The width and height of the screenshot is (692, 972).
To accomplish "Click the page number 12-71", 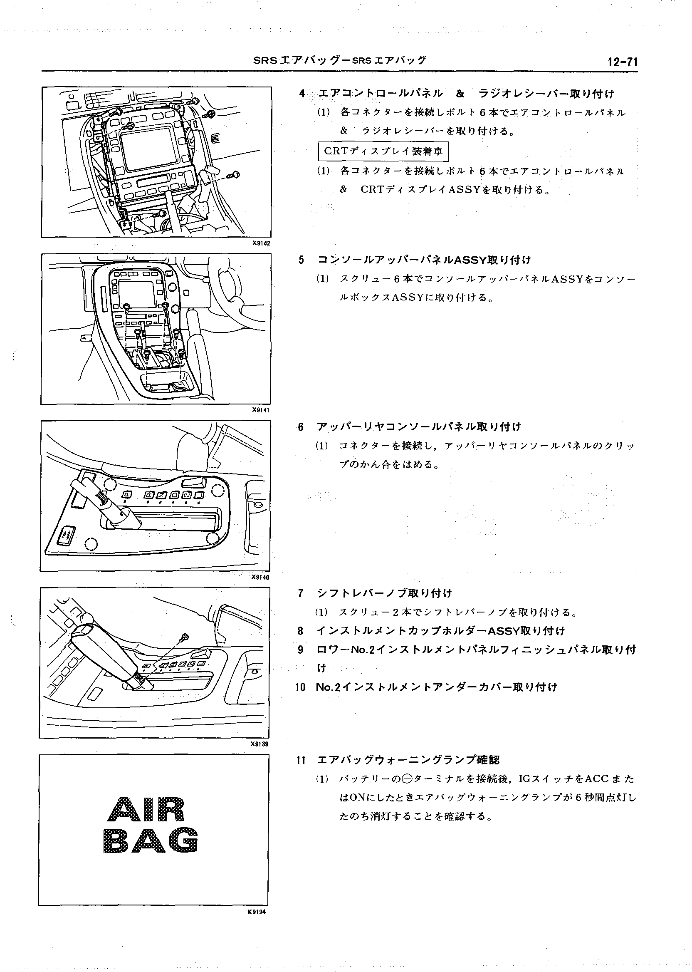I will point(623,62).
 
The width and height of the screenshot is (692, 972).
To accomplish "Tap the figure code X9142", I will point(261,243).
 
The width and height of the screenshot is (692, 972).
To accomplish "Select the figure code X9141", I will point(261,410).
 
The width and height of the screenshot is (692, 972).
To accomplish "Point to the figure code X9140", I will point(261,577).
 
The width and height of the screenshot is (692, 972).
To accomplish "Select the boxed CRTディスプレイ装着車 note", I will point(383,151).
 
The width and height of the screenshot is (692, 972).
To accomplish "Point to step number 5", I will point(302,260).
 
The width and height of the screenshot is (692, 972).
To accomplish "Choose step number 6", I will point(301,427).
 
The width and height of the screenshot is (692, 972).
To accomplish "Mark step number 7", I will point(301,593).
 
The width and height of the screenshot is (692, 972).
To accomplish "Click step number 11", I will point(301,760).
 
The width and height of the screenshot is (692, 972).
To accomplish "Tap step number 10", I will point(301,687).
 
